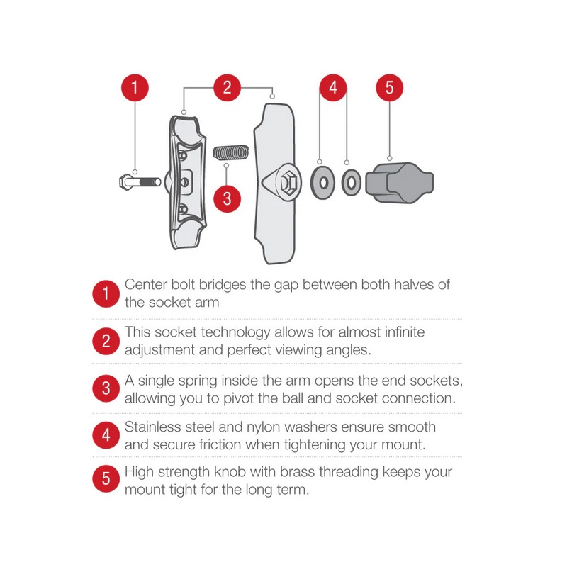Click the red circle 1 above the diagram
pos(135,87)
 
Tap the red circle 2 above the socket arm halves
pos(227,87)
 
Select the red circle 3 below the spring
pos(227,198)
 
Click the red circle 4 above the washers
pos(333,87)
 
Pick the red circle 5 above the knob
pos(389,87)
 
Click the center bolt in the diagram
pos(140,181)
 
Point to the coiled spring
pos(231,152)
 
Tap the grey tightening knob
pos(399,183)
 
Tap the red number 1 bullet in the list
pos(106,293)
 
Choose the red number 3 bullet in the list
pos(106,388)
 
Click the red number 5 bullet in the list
pos(106,478)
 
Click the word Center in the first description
pos(146,285)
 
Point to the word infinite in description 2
pos(405,332)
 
